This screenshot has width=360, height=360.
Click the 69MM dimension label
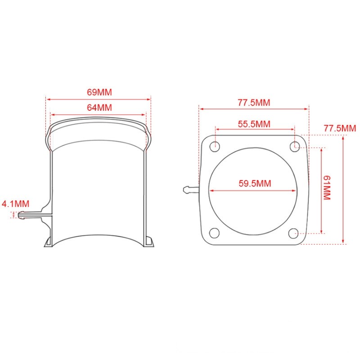(99, 92)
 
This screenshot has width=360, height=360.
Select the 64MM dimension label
(99, 108)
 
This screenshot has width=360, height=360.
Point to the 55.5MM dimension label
(254, 124)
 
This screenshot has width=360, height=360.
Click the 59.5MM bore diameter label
(254, 184)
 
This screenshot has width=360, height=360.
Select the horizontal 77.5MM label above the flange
(254, 102)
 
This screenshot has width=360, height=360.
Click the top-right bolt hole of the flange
(295, 145)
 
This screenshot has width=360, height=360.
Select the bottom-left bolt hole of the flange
(215, 233)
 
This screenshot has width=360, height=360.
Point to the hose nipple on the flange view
(191, 189)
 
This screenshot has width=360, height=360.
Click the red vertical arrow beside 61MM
(321, 189)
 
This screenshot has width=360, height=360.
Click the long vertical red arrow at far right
(344, 189)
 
